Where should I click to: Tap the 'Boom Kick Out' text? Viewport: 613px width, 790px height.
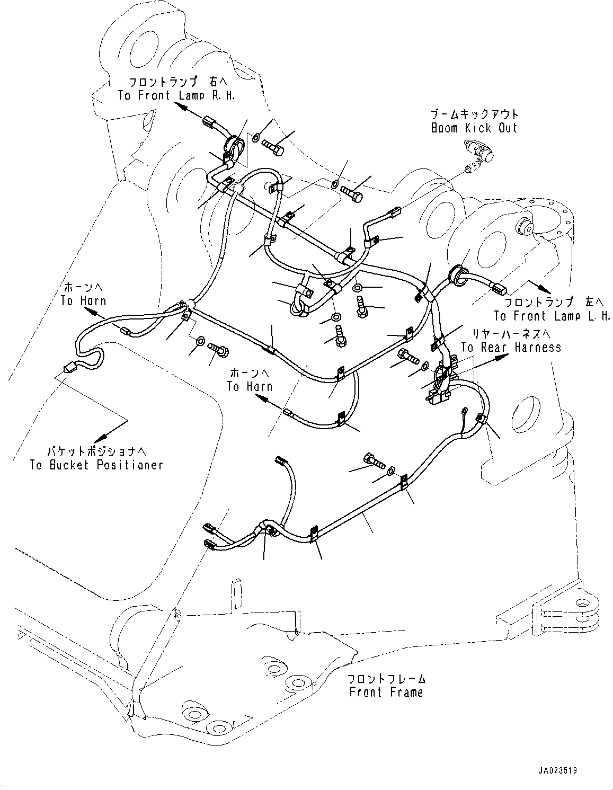(x=474, y=128)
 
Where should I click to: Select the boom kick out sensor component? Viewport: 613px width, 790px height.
(x=479, y=153)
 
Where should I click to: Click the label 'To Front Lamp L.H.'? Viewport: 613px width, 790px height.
(x=552, y=316)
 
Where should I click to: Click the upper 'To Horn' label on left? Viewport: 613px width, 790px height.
(x=83, y=300)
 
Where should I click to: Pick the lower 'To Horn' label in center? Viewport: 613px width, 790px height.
(x=250, y=386)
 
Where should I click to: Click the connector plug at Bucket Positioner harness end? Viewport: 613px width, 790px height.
(x=67, y=367)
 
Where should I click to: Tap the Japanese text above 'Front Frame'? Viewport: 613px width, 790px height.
(x=386, y=679)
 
